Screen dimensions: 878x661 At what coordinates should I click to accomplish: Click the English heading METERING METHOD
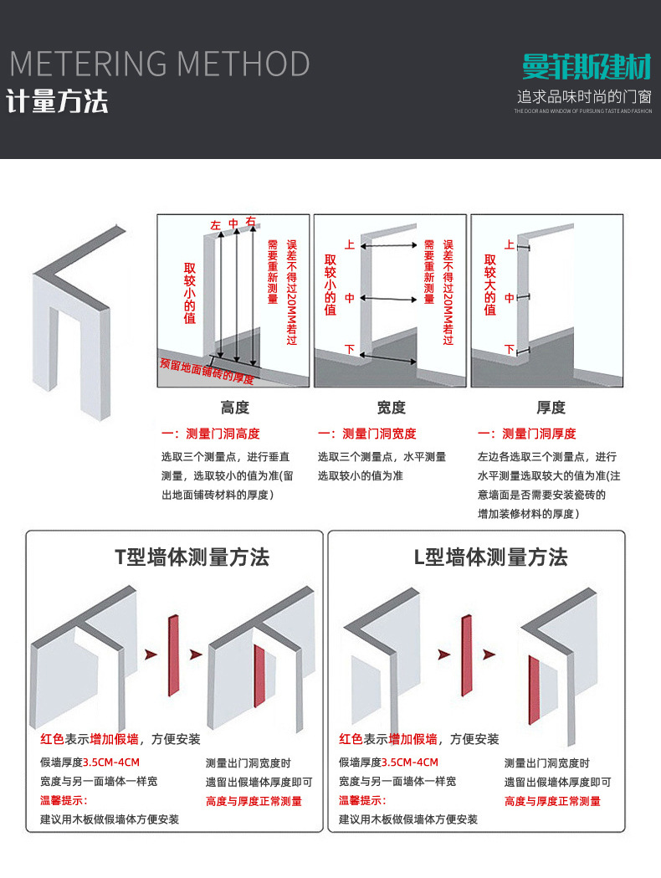[x=159, y=64]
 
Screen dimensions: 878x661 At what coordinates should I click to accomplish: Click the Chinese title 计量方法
[x=58, y=101]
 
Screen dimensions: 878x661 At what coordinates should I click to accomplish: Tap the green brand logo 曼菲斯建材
[x=586, y=67]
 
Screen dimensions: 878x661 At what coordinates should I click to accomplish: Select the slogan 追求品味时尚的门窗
[x=583, y=96]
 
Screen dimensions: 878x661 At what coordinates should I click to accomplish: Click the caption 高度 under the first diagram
[x=235, y=408]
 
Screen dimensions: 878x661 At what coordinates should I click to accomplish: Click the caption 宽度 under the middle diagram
[x=391, y=408]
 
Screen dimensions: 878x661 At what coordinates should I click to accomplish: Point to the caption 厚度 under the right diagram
[x=551, y=408]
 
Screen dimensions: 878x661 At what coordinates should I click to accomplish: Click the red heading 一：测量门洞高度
[x=211, y=434]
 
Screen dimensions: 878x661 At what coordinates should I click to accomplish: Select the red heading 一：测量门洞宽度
[x=367, y=434]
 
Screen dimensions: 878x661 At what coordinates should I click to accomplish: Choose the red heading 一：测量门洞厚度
[x=526, y=434]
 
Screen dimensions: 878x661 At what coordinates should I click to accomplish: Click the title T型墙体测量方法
[x=192, y=557]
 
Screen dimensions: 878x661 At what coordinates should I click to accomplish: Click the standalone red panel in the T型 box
[x=173, y=655]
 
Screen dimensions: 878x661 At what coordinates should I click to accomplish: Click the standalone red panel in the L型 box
[x=467, y=655]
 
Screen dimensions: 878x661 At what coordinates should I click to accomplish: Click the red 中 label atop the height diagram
[x=233, y=223]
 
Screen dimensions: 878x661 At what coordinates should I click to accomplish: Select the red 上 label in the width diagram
[x=350, y=245]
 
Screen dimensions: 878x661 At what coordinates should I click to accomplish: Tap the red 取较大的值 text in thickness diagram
[x=490, y=285]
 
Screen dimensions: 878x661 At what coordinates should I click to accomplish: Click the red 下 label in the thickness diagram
[x=509, y=349]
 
